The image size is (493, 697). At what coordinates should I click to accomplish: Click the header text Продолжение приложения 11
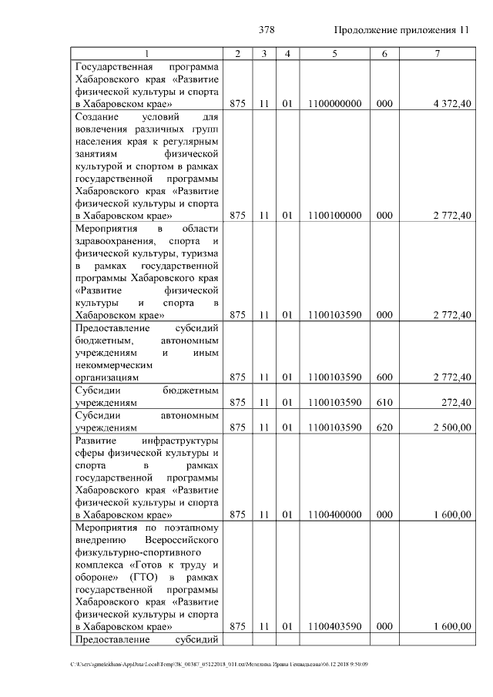click(x=401, y=30)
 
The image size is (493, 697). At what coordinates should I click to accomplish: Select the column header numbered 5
click(x=334, y=52)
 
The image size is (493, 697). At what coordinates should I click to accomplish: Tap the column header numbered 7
click(x=437, y=52)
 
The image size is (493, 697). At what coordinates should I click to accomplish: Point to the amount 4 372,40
click(x=452, y=102)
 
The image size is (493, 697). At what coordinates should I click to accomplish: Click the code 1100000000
click(x=334, y=102)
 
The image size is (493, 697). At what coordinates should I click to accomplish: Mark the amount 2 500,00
click(x=452, y=427)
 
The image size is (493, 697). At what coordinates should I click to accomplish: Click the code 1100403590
click(x=334, y=627)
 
